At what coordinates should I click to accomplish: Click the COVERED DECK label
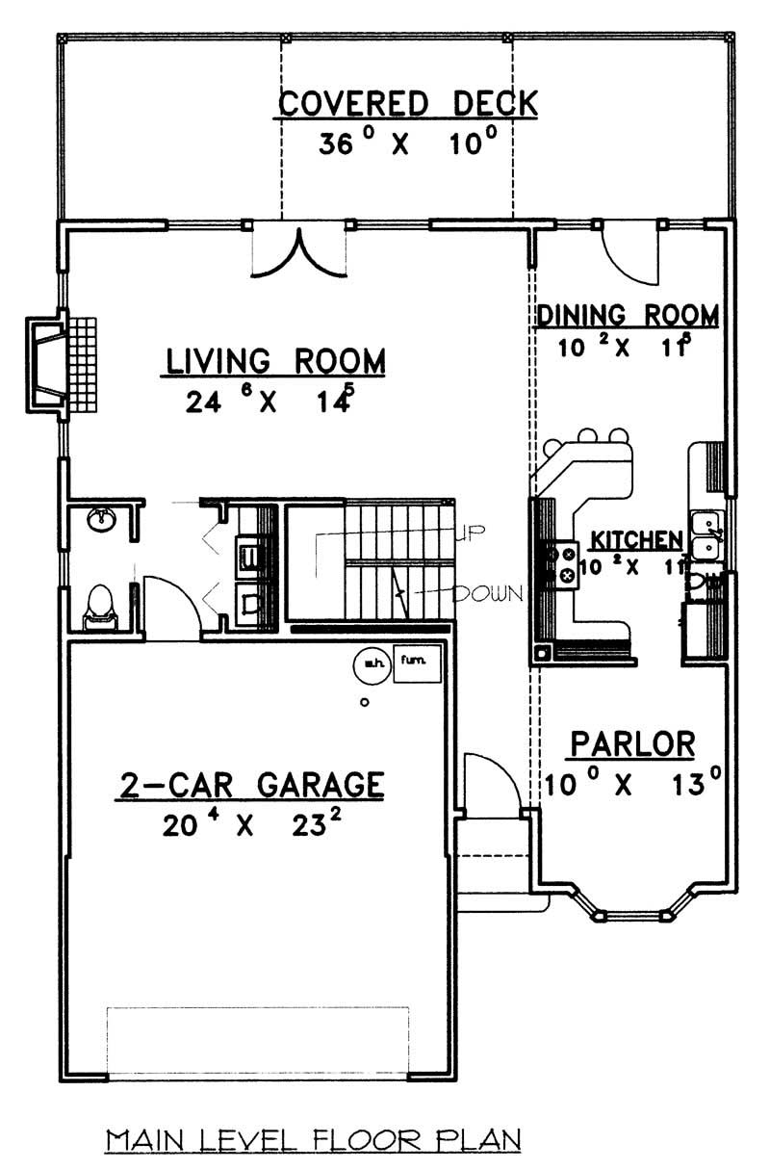pyautogui.click(x=405, y=103)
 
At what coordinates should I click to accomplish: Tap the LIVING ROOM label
pyautogui.click(x=276, y=361)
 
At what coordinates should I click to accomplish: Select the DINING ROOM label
pyautogui.click(x=628, y=315)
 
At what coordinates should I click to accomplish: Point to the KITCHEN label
pyautogui.click(x=636, y=539)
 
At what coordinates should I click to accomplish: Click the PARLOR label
pyautogui.click(x=632, y=743)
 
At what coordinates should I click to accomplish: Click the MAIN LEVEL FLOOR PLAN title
pyautogui.click(x=314, y=1140)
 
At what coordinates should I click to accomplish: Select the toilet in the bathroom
pyautogui.click(x=99, y=606)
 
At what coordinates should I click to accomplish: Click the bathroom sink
pyautogui.click(x=100, y=521)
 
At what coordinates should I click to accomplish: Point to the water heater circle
pyautogui.click(x=371, y=662)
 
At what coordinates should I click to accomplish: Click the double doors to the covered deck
pyautogui.click(x=297, y=252)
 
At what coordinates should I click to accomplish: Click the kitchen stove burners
pyautogui.click(x=563, y=564)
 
